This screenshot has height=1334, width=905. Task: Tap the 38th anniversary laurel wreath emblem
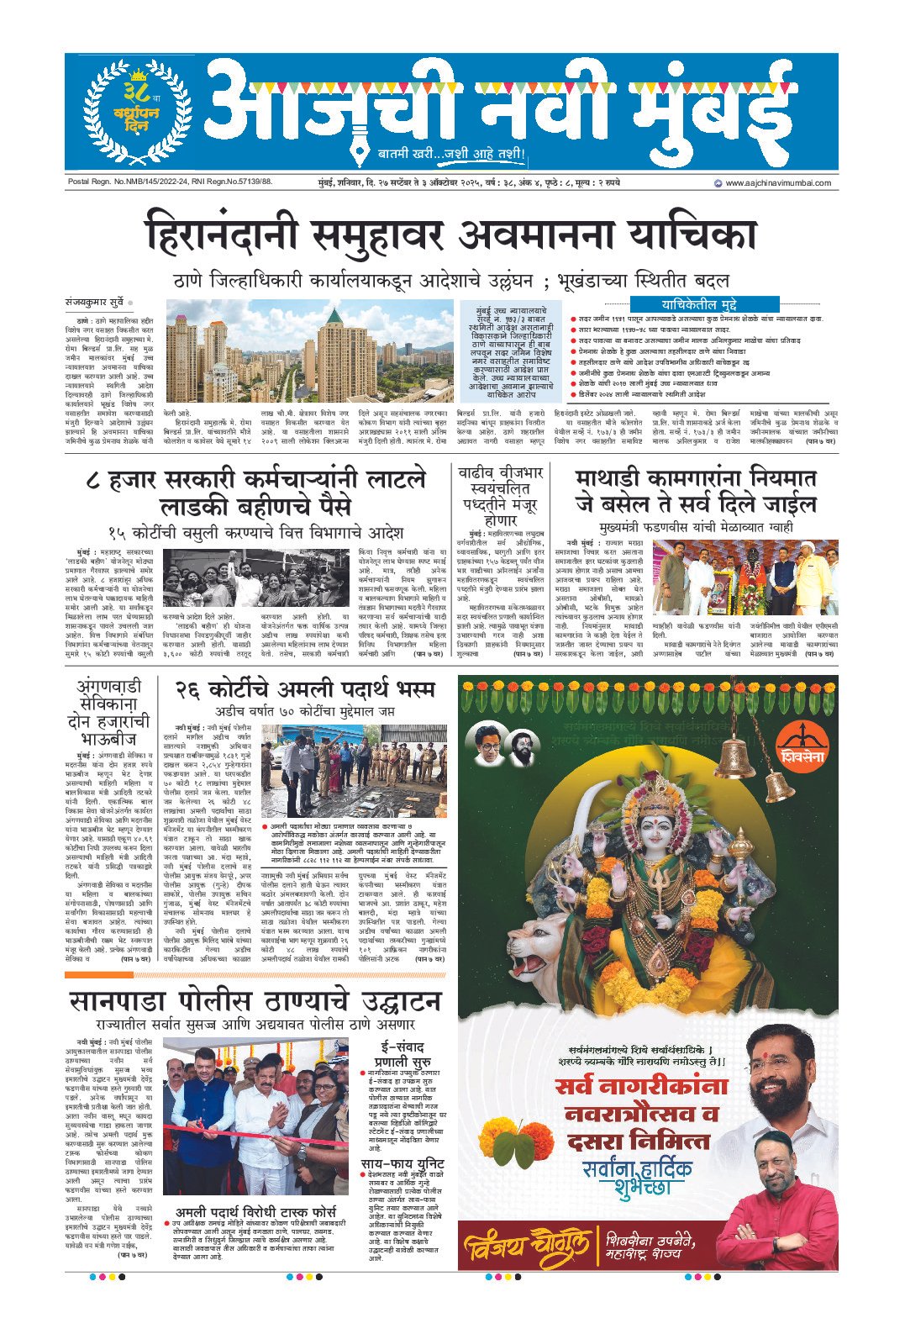129,111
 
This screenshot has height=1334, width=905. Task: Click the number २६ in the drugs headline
194,690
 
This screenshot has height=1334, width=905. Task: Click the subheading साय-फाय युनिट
403,1164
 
